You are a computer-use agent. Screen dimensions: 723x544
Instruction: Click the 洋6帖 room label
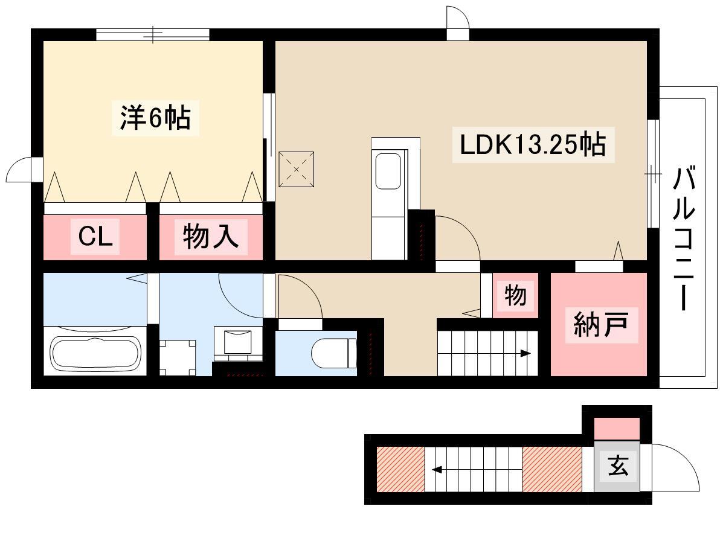(155, 118)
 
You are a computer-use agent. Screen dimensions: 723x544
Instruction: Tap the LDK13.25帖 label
(533, 144)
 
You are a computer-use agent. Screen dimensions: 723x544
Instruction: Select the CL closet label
(95, 237)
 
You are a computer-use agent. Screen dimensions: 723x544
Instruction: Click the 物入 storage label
(211, 237)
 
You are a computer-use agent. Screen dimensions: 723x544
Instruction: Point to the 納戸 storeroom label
(601, 325)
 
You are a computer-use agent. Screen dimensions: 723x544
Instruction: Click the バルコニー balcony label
(684, 238)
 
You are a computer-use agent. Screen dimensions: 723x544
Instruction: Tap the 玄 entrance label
(617, 466)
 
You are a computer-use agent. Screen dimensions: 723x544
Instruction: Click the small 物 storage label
(515, 295)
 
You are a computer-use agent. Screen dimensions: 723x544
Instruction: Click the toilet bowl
(333, 354)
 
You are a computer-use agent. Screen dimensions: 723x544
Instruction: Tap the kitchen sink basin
(388, 171)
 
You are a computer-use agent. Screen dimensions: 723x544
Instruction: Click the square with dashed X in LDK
(296, 169)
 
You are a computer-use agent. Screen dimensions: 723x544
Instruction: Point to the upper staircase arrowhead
(525, 354)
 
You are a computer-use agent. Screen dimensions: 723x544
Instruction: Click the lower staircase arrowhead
(437, 470)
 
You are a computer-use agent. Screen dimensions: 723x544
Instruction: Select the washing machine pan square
(178, 357)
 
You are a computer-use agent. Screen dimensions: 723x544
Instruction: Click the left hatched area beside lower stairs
(400, 469)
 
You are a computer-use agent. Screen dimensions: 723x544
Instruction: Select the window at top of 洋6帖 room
(153, 34)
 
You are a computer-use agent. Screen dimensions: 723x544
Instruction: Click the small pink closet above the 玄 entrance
(617, 429)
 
